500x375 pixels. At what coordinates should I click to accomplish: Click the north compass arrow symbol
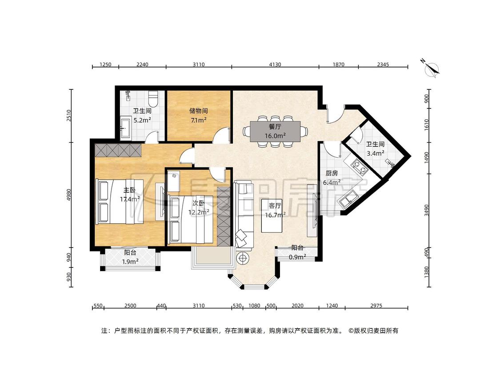431,68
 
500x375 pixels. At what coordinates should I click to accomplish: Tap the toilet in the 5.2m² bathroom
154,99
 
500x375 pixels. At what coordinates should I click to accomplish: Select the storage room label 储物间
198,111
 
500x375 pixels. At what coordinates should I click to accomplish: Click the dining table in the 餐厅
275,132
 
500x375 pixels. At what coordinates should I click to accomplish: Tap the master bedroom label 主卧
129,190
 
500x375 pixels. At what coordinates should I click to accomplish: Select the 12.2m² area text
199,212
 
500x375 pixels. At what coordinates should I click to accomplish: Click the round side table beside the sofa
242,258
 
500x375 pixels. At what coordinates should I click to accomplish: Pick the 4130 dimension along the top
275,64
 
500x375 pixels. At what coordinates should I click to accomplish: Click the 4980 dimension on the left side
69,195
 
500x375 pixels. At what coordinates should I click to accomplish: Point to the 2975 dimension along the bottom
376,306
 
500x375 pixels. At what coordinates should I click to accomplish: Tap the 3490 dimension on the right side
427,211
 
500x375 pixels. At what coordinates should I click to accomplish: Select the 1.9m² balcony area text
130,262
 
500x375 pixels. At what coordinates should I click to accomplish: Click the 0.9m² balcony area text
297,257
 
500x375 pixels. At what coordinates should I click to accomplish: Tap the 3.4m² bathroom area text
375,153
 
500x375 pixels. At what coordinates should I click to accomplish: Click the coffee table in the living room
272,215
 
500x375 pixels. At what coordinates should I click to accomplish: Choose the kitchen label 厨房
331,173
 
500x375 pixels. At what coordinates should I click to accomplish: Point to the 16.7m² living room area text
275,215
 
